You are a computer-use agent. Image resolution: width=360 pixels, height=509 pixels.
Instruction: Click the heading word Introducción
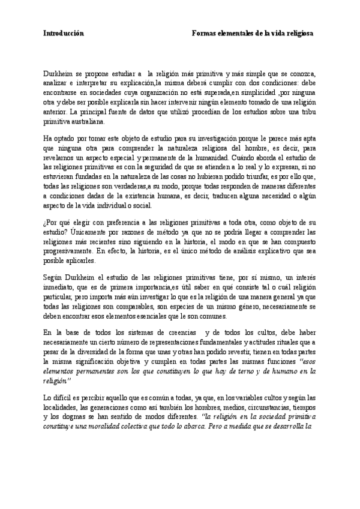(64, 34)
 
